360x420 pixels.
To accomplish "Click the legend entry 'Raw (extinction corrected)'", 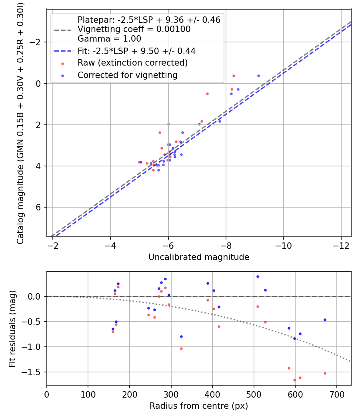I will (132, 63).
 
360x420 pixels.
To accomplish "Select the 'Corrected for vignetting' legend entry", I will (127, 75).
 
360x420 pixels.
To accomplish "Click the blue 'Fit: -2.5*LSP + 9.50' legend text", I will (136, 51).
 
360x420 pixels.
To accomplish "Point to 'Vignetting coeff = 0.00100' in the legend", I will (134, 29).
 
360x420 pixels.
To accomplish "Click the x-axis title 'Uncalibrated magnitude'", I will (199, 257).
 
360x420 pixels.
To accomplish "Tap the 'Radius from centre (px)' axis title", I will (199, 406).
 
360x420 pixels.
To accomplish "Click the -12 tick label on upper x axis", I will (341, 244).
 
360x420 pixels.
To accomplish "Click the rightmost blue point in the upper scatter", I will (258, 76).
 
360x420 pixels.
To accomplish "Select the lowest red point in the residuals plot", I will (294, 380).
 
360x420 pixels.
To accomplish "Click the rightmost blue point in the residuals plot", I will (325, 320).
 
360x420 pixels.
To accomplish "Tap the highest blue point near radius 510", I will (258, 276).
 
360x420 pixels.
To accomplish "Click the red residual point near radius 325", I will (181, 348).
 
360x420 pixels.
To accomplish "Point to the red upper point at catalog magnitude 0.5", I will (207, 94).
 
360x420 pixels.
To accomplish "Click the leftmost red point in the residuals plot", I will (113, 332).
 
